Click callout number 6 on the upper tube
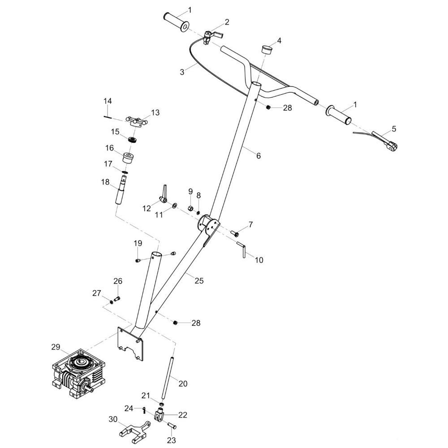pos(258,155)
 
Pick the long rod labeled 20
pos(168,378)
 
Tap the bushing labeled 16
pos(129,158)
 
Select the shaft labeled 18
pos(121,190)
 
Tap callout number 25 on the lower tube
pos(199,280)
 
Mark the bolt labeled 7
pos(235,234)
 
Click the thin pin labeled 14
pos(107,116)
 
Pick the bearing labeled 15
pos(133,140)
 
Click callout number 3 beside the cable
pos(182,72)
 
